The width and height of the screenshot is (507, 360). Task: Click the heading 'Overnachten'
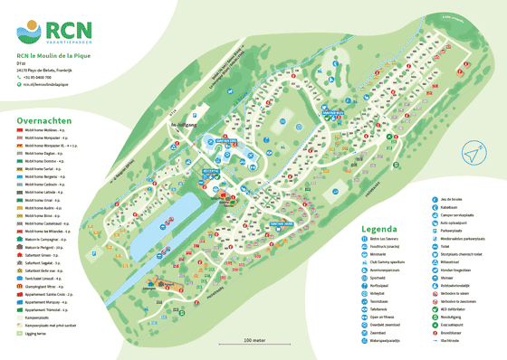(43, 118)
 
